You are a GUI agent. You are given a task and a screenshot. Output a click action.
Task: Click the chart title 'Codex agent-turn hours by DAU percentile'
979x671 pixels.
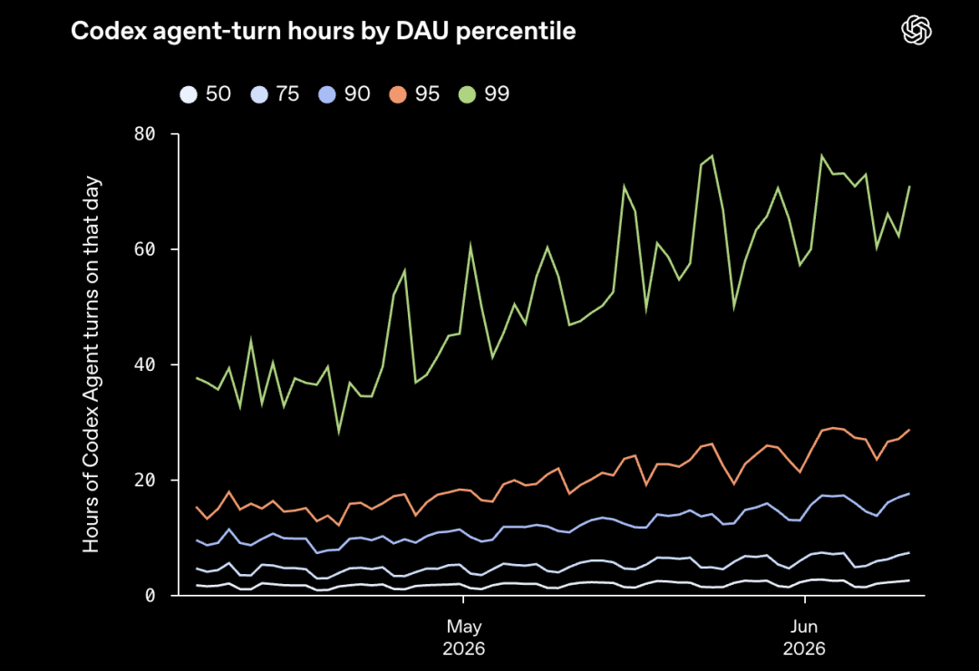[323, 31]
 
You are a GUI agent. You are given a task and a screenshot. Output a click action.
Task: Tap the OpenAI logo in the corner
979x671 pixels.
[916, 30]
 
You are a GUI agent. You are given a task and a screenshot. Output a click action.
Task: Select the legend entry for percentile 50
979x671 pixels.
[206, 94]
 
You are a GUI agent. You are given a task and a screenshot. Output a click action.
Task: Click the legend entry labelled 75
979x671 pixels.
[275, 94]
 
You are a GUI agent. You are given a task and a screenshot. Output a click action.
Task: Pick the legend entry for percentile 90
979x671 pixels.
[344, 94]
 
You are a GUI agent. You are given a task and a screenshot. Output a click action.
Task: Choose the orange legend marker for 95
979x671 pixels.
[398, 94]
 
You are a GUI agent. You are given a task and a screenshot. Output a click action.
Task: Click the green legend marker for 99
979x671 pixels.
[467, 94]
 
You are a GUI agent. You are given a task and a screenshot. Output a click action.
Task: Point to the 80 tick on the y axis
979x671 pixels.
[144, 133]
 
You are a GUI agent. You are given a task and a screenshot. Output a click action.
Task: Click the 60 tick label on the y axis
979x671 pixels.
[144, 249]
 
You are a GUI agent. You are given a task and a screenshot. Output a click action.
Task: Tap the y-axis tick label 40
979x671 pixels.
[144, 365]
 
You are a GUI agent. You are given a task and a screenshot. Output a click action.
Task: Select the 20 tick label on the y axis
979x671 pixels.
[144, 480]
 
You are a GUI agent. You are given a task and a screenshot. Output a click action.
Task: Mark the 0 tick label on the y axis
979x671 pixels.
[150, 596]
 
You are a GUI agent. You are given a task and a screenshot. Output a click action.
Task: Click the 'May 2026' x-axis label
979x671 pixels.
[464, 637]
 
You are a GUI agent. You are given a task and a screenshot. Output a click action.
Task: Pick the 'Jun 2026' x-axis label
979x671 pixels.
[804, 637]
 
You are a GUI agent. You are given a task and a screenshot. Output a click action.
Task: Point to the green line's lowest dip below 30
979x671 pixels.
[339, 433]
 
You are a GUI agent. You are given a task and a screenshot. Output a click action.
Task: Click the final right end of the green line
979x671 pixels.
[910, 186]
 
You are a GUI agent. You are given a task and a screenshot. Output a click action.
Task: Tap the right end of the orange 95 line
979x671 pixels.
[910, 430]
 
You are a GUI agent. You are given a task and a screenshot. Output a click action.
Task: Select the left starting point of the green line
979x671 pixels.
[197, 378]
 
